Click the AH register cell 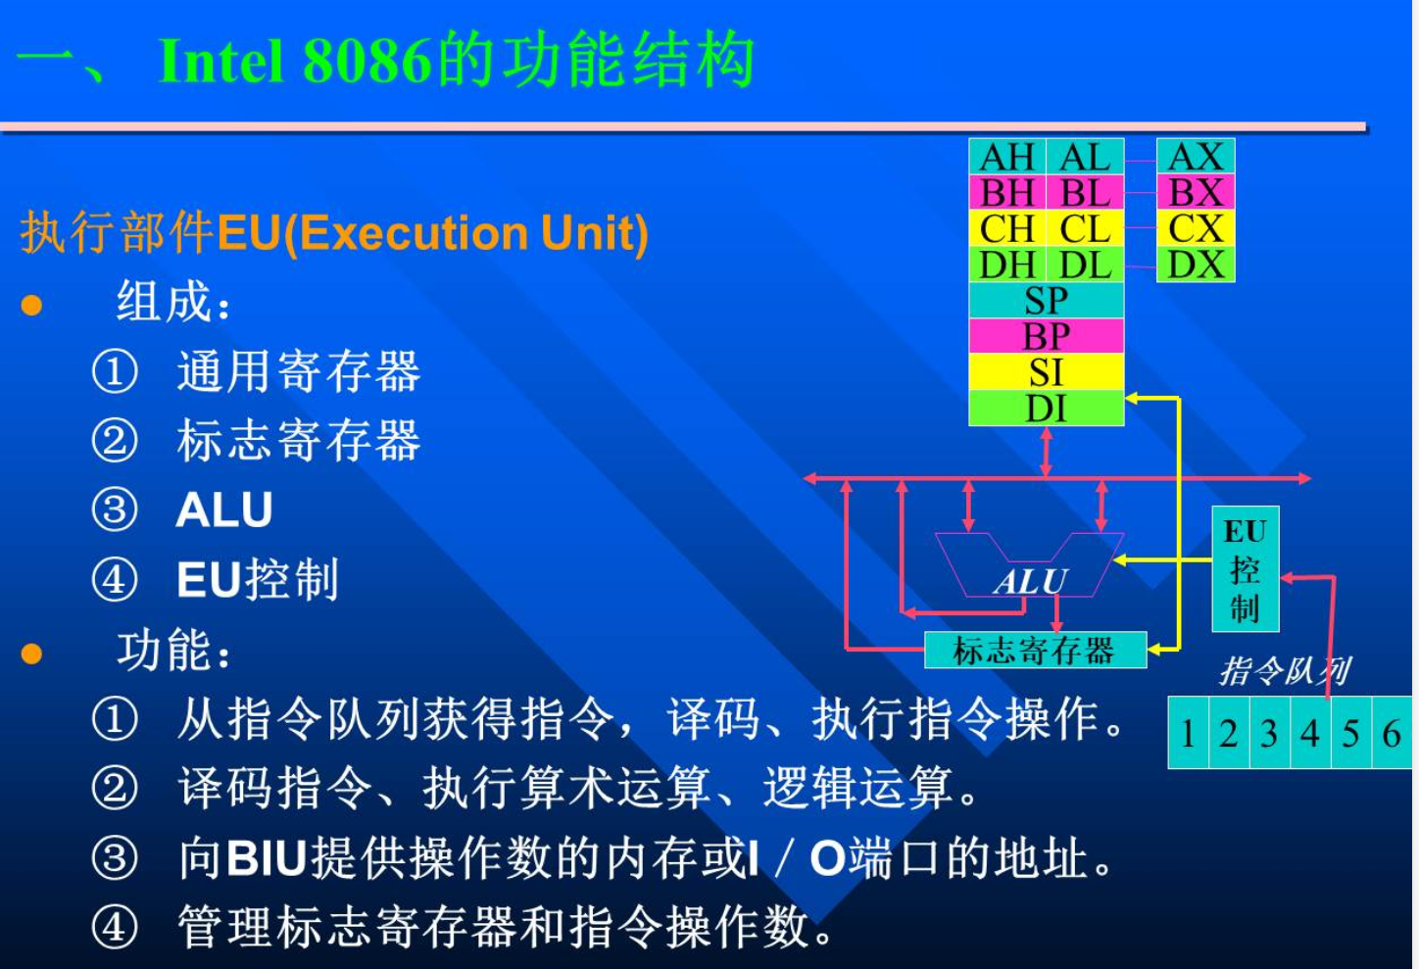pos(1007,157)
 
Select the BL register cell pos(1085,192)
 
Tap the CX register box pos(1196,228)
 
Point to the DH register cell pos(1007,265)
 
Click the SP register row pos(1047,300)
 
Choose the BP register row pos(1047,336)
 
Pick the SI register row pos(1047,372)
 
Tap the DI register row pos(1047,409)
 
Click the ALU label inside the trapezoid pos(1031,581)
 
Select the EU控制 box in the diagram pos(1246,568)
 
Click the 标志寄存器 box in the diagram pos(1036,650)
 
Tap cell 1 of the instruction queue pos(1189,733)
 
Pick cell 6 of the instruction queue pos(1392,733)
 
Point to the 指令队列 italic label pos(1285,671)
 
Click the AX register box pos(1196,157)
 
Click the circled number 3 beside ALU pos(115,509)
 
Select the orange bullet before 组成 pos(31,305)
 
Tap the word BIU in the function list pos(267,859)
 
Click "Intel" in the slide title pos(220,62)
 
